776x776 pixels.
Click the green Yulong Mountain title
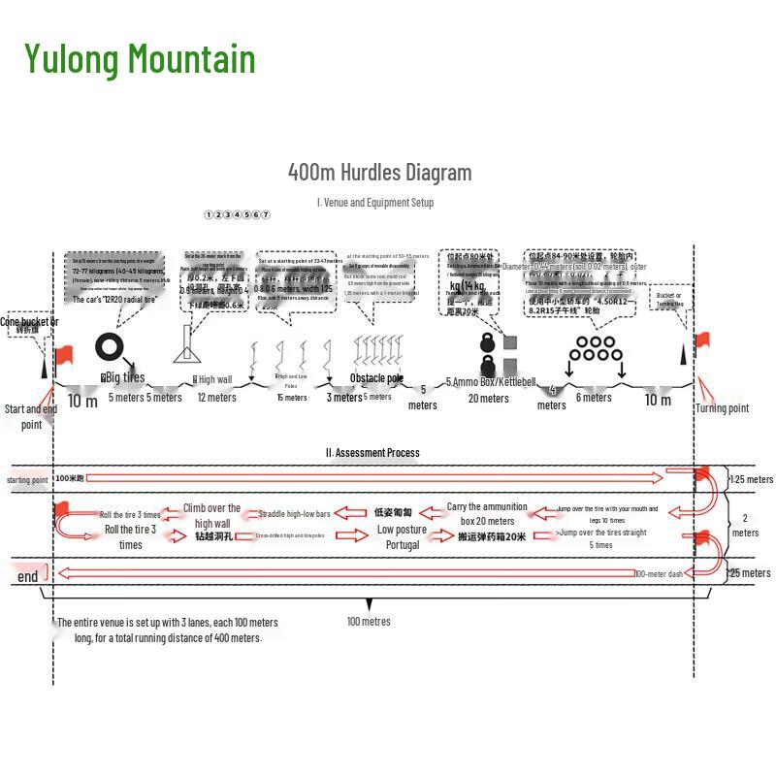click(x=140, y=58)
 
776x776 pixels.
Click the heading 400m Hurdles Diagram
click(x=379, y=173)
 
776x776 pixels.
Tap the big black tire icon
click(x=109, y=346)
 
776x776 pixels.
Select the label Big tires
click(x=123, y=377)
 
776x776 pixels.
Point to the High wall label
click(x=213, y=379)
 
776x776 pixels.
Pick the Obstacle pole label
click(x=376, y=378)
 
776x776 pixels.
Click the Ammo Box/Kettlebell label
click(x=491, y=382)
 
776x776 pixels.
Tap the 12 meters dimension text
click(x=216, y=397)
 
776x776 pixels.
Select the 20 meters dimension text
click(x=488, y=398)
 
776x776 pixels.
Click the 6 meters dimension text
click(x=594, y=397)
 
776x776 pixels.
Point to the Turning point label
click(x=723, y=408)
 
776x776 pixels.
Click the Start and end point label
click(x=31, y=416)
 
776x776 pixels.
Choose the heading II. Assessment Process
click(x=372, y=452)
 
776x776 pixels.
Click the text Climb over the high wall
click(x=211, y=516)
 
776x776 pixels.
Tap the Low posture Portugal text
click(x=403, y=537)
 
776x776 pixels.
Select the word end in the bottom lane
click(x=28, y=577)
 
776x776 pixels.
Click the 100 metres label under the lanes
click(x=369, y=622)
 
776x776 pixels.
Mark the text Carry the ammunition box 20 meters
click(x=487, y=514)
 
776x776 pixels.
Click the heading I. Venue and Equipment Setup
click(x=375, y=203)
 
